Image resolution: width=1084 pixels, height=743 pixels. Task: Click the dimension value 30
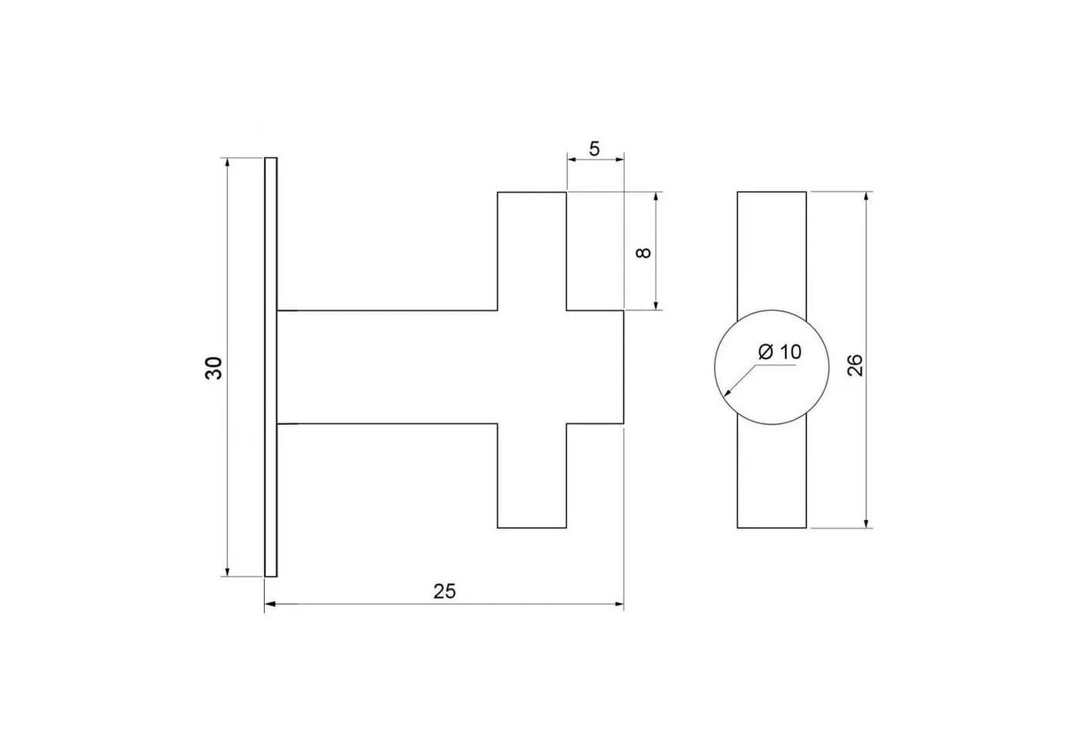[x=214, y=368]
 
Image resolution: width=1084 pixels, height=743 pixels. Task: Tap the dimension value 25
[x=444, y=591]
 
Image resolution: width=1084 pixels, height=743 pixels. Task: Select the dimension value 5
[x=595, y=149]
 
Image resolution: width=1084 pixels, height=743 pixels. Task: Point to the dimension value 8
[x=643, y=252]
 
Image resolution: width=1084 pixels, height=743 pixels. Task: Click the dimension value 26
[x=855, y=365]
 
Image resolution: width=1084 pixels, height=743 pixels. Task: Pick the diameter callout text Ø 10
[x=780, y=351]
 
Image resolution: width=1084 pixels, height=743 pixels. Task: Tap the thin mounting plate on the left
[x=271, y=367]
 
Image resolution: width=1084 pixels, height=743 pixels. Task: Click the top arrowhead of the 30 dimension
[x=228, y=162]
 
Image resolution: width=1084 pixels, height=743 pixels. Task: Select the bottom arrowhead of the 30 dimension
[x=228, y=572]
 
